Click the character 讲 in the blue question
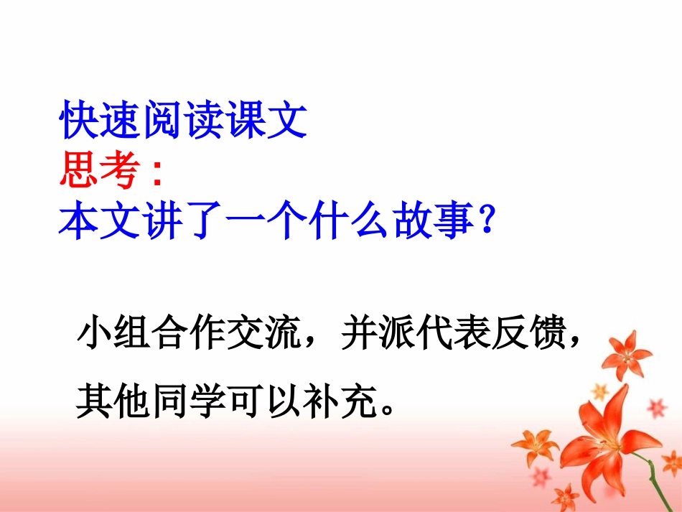[x=184, y=222]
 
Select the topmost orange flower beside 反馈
[x=624, y=353]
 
